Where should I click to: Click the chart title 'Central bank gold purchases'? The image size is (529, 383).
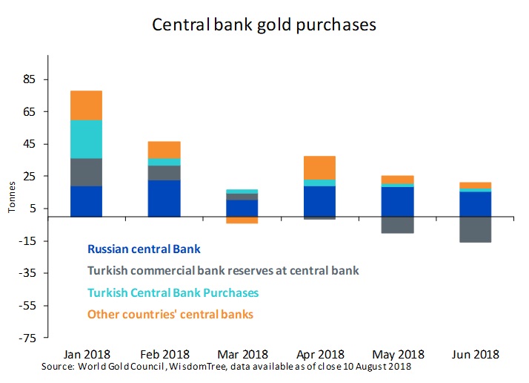[x=264, y=24]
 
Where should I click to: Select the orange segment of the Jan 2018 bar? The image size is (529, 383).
[x=86, y=105]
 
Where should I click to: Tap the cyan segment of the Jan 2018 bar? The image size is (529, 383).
[x=86, y=139]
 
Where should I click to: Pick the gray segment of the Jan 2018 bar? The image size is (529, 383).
[x=86, y=172]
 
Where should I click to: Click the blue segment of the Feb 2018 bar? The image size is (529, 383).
[x=164, y=198]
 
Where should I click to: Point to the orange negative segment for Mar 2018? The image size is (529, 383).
[x=243, y=220]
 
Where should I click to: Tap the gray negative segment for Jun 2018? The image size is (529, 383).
[x=475, y=229]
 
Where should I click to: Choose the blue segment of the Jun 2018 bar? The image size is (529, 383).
[x=475, y=204]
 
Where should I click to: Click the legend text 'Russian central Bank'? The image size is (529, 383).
[x=144, y=249]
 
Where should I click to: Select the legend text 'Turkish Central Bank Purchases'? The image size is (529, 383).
[x=173, y=292]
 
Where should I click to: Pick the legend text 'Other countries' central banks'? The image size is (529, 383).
[x=170, y=314]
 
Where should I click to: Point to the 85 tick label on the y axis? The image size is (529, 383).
[x=30, y=79]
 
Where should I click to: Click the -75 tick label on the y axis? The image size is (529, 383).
[x=28, y=338]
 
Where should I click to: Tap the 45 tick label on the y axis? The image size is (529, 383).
[x=30, y=144]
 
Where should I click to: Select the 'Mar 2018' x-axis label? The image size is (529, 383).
[x=243, y=354]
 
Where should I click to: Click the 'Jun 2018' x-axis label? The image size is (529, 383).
[x=475, y=354]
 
